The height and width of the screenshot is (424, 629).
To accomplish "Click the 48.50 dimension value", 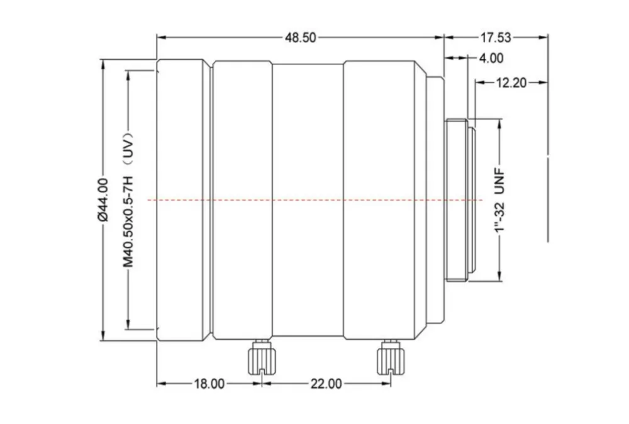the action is (301, 38).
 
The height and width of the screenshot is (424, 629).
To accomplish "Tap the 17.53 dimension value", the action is (496, 38).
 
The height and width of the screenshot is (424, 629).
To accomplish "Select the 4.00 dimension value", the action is (491, 58).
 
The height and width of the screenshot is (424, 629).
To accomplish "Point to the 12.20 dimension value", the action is (511, 83).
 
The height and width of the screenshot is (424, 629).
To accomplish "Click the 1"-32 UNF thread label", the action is (499, 200).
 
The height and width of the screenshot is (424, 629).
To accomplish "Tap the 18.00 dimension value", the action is (209, 384).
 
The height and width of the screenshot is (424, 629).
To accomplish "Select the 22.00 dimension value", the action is (326, 384).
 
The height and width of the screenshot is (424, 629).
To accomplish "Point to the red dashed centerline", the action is (315, 200).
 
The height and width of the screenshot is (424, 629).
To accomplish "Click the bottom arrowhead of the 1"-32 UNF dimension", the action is (499, 276).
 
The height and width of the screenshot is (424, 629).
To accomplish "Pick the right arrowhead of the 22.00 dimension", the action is (386, 384).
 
